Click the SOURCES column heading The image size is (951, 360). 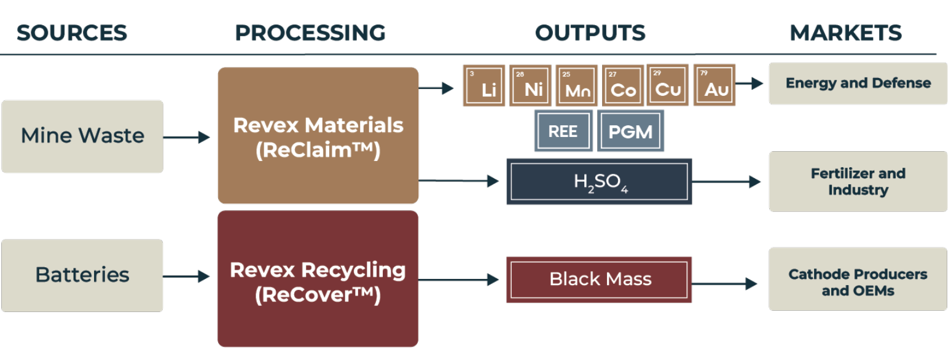(x=72, y=33)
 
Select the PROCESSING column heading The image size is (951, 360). (x=310, y=33)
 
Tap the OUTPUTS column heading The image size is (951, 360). (x=590, y=33)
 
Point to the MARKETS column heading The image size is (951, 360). (x=845, y=33)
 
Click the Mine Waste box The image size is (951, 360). (x=82, y=136)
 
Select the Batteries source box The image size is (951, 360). (x=82, y=275)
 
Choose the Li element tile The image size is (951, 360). (x=483, y=85)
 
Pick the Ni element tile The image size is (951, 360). (x=530, y=85)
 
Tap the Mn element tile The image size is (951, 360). (x=576, y=85)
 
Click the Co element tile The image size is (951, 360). (x=622, y=85)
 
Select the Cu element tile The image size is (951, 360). (x=668, y=85)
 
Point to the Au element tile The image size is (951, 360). (x=714, y=85)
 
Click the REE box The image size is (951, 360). (x=563, y=130)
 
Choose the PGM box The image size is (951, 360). (x=630, y=130)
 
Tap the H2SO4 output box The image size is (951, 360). (x=599, y=181)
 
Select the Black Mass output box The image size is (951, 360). (x=599, y=280)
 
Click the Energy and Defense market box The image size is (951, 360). (x=858, y=83)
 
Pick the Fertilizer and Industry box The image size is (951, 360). (x=858, y=181)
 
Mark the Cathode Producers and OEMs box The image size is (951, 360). (x=858, y=282)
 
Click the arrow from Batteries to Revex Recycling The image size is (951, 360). (x=187, y=277)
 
